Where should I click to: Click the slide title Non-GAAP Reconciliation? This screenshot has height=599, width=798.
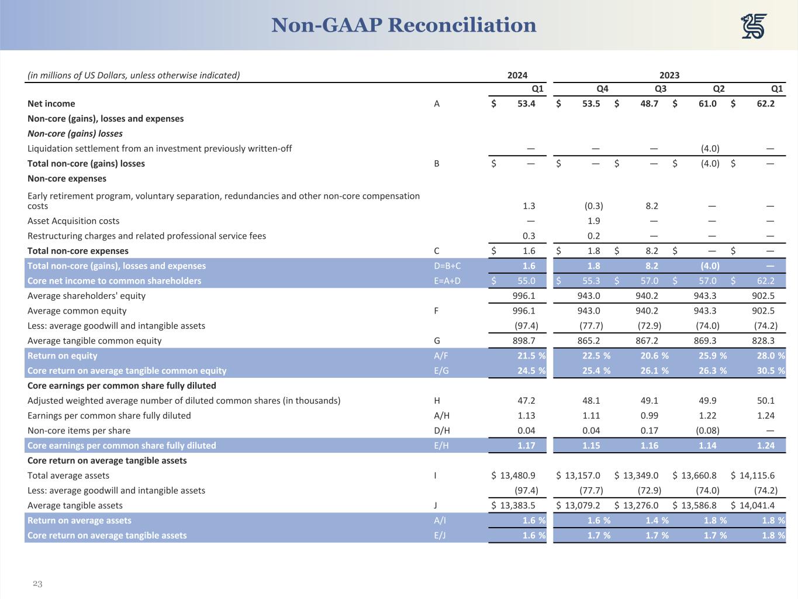pyautogui.click(x=403, y=25)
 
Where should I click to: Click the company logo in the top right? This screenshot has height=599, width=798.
pyautogui.click(x=754, y=26)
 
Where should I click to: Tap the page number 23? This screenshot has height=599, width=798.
pyautogui.click(x=37, y=584)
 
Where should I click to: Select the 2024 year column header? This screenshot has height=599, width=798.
pyautogui.click(x=517, y=75)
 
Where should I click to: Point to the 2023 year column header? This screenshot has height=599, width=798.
pyautogui.click(x=669, y=75)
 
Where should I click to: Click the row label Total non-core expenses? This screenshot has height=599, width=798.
pyautogui.click(x=78, y=251)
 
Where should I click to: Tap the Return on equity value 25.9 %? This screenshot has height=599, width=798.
pyautogui.click(x=711, y=356)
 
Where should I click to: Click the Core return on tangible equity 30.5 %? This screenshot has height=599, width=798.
pyautogui.click(x=769, y=371)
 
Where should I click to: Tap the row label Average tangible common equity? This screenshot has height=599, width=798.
pyautogui.click(x=94, y=340)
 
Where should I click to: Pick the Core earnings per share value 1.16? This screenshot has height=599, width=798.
pyautogui.click(x=649, y=446)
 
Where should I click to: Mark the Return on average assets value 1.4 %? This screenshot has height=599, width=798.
pyautogui.click(x=652, y=521)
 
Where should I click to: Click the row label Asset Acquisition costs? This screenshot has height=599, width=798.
pyautogui.click(x=73, y=221)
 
